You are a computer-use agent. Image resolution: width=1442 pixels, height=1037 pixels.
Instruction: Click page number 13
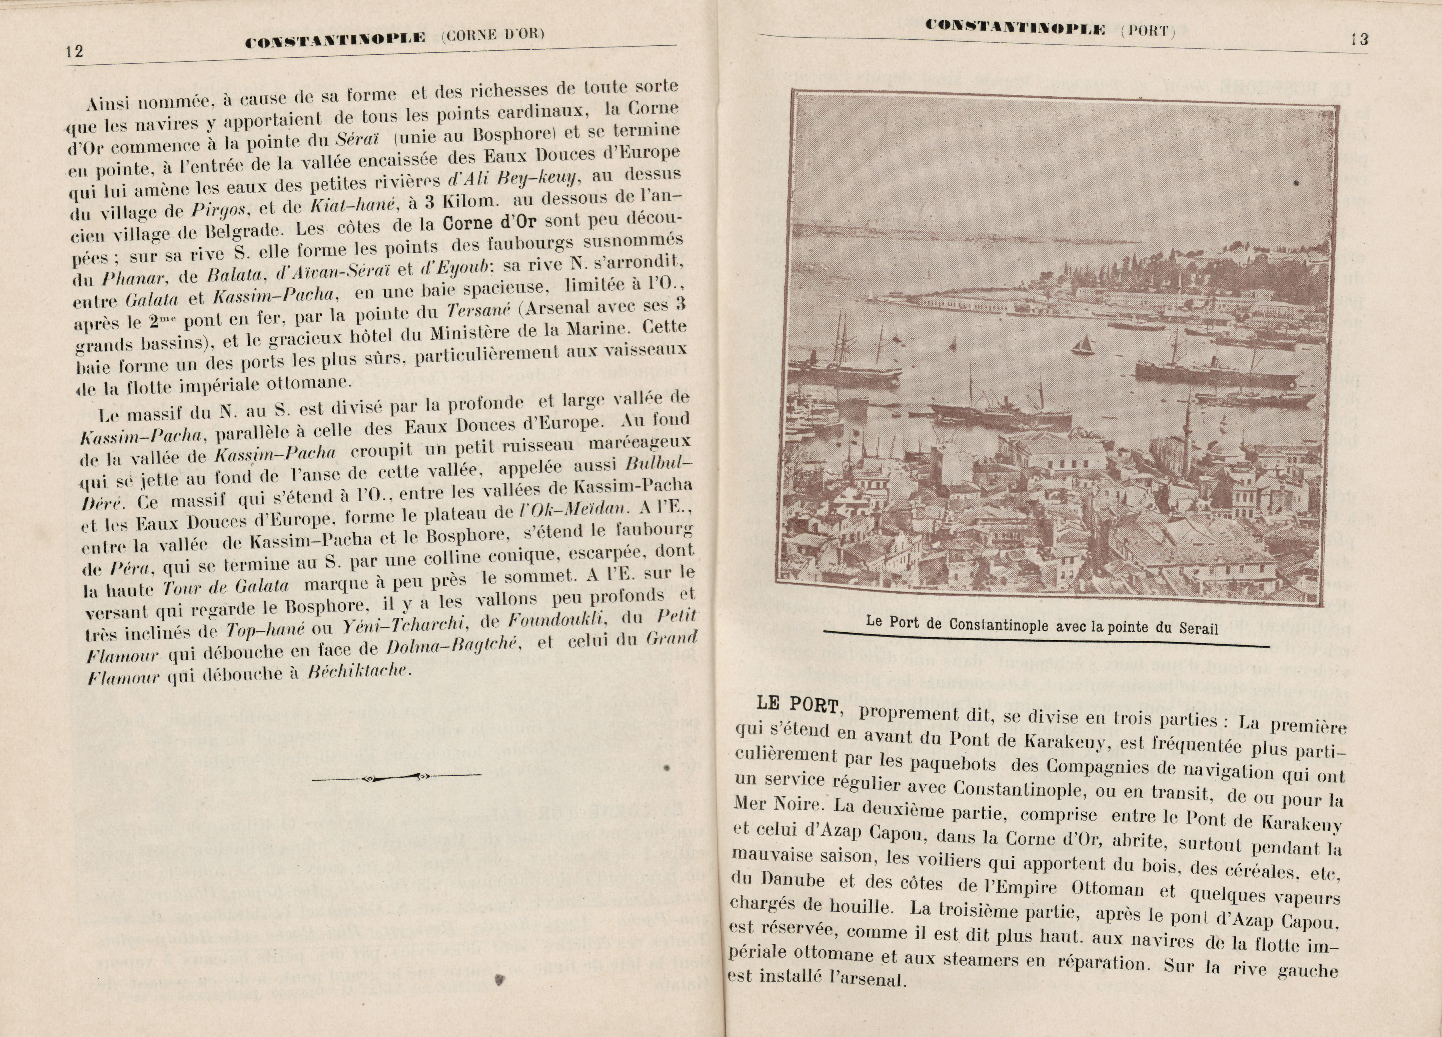1359,39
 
